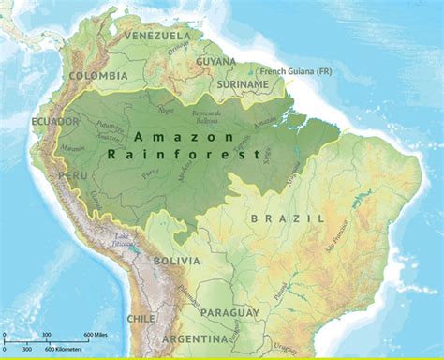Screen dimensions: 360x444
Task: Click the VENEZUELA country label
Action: tap(151, 36)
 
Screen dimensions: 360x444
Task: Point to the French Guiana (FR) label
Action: tap(296, 70)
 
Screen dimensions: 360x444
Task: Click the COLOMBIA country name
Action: tap(97, 76)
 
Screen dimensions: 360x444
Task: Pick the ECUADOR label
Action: tap(54, 122)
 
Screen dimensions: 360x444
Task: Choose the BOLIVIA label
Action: tap(177, 260)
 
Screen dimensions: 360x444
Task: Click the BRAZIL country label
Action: tap(287, 217)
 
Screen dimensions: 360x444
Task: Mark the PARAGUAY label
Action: tap(229, 311)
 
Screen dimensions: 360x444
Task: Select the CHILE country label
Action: tap(141, 319)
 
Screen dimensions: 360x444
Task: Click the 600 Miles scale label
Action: tap(100, 335)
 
